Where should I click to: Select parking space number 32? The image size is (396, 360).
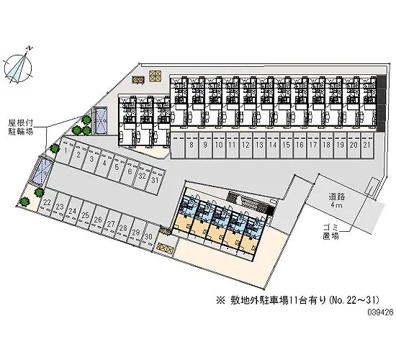141,176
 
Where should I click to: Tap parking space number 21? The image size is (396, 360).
367,145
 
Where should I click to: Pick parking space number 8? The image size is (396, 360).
192,145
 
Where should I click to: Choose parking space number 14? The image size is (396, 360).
273,145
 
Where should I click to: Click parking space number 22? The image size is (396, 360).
46,203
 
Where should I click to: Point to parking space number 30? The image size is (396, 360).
148,237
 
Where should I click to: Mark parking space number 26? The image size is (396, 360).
97,220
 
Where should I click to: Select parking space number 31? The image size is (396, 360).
154,180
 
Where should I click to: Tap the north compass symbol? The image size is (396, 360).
19,66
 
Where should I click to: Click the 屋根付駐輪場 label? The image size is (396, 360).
21,127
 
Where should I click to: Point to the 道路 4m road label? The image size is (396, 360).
336,200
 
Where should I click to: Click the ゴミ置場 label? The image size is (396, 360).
331,232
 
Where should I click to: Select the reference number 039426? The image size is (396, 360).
380,312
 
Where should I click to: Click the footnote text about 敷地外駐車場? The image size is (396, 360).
297,300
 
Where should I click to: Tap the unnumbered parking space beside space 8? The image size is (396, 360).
178,145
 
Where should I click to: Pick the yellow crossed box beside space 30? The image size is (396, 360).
165,248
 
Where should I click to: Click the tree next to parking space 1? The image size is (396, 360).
55,148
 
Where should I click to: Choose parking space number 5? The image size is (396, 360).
116,167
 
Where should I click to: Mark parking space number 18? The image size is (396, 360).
327,145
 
